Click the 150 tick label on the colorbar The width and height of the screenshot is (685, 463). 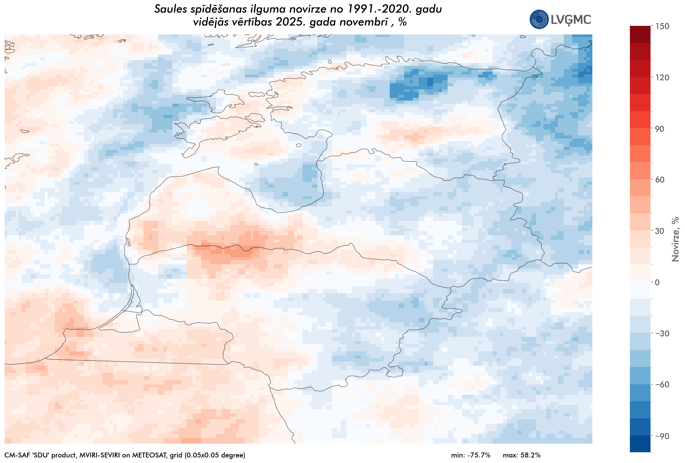663,26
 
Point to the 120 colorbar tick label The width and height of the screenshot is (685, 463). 663,78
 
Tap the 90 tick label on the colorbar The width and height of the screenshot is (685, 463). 660,129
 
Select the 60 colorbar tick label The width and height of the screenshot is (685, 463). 660,180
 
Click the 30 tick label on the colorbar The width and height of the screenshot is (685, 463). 660,231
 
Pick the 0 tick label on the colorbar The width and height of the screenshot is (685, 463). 657,282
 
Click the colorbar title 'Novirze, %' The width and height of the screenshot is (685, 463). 675,239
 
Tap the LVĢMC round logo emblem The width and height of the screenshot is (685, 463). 539,19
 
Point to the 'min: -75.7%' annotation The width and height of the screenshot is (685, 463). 471,455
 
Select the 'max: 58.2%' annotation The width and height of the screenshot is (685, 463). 522,455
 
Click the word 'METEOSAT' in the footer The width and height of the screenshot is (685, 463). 147,455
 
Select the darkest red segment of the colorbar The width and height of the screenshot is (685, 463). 640,34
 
